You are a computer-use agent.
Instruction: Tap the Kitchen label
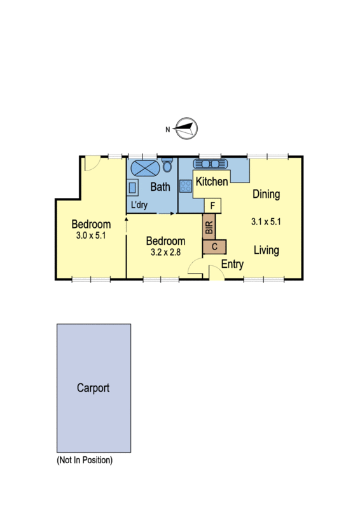pos(211,182)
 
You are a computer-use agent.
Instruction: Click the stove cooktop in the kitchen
pos(186,186)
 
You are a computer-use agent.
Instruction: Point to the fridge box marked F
pos(212,206)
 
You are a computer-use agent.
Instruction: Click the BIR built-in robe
pos(209,225)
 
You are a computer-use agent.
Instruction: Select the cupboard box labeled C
pos(214,246)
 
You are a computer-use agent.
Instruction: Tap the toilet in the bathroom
pos(167,166)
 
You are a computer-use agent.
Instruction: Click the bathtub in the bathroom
pos(144,169)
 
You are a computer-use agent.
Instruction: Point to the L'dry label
pos(139,206)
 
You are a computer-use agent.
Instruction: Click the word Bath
pos(160,187)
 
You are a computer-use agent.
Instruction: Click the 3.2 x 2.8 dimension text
pos(165,252)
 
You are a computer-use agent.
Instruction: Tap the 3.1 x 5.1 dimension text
pos(266,222)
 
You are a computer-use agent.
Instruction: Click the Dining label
pos(266,194)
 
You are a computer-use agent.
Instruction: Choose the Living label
pos(267,250)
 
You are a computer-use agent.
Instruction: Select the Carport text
pos(93,387)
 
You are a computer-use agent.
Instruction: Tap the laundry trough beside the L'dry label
pos(133,188)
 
